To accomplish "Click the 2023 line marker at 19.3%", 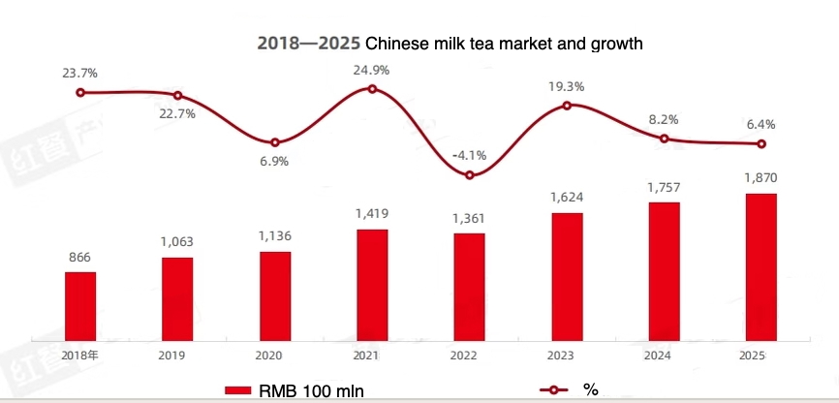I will pos(567,105).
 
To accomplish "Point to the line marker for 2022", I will pos(469,175).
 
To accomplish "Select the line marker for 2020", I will pos(275,142).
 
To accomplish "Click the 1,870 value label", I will pos(761,178).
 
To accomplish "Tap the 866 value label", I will pos(80,256).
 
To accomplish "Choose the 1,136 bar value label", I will pos(275,235).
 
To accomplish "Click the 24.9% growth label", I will pos(373,69).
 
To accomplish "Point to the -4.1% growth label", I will pos(469,155).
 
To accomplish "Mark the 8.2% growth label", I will pos(663,119).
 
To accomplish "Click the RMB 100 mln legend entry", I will pos(295,390).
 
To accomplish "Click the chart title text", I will pos(450,44).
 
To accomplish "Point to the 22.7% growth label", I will pos(178,113).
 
